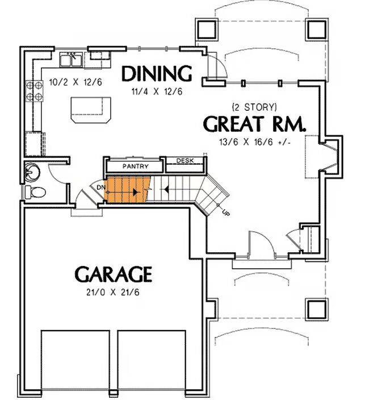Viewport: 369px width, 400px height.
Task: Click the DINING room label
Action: tap(157, 74)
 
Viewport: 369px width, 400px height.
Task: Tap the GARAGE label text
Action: tap(114, 274)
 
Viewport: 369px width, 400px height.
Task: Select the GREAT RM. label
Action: tap(254, 124)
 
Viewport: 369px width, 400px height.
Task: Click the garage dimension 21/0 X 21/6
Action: tap(113, 293)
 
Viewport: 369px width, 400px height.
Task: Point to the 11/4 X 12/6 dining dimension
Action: tap(157, 91)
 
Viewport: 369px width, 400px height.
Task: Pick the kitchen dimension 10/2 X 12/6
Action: tap(76, 82)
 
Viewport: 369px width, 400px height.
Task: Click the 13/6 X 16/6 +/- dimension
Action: tap(255, 142)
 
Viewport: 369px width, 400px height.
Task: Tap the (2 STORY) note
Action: tap(254, 107)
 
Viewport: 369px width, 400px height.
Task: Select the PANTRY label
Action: tap(135, 166)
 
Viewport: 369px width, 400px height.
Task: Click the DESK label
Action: tap(185, 161)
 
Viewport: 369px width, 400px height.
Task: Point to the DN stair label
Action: tap(101, 188)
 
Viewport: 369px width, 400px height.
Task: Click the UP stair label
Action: tap(226, 212)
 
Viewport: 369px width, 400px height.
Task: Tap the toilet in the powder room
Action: tap(35, 192)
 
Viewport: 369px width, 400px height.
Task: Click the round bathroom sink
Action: tap(32, 170)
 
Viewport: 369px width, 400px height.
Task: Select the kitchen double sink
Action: tap(71, 60)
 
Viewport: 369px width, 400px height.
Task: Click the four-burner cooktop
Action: tap(34, 91)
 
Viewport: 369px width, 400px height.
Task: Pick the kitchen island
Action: tap(91, 110)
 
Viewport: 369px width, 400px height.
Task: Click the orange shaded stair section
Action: tap(128, 189)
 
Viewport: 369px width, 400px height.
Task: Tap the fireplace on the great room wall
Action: tap(330, 156)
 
